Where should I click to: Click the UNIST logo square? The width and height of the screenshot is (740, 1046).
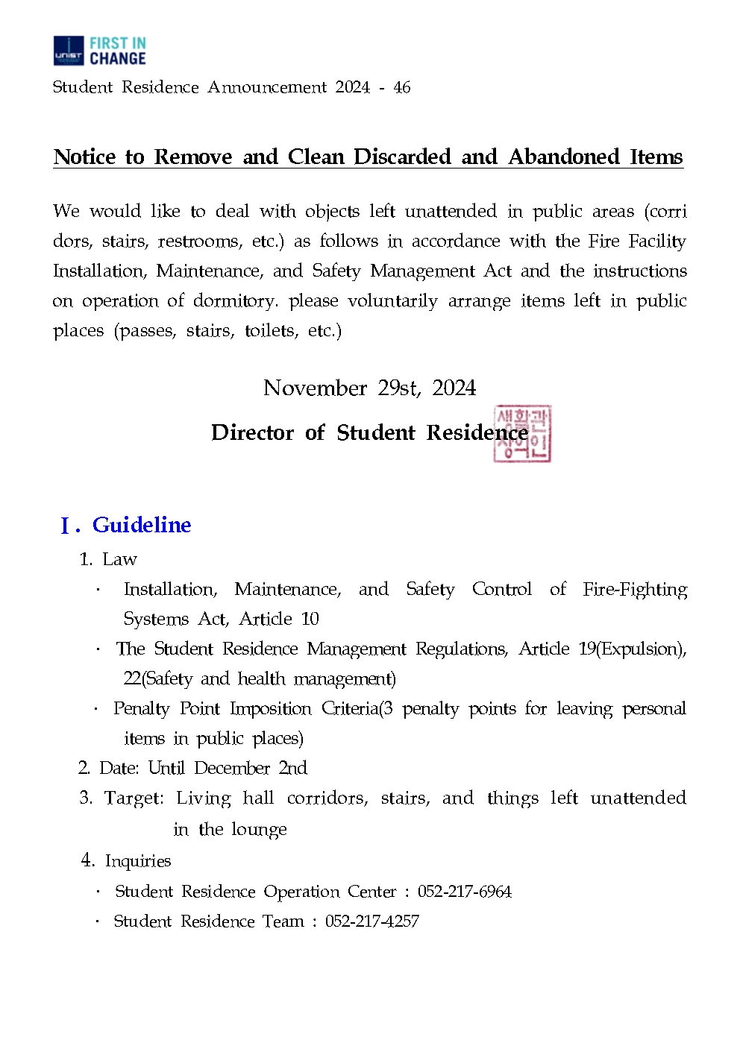69,51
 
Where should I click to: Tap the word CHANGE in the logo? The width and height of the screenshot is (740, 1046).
117,59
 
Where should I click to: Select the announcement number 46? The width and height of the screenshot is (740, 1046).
402,87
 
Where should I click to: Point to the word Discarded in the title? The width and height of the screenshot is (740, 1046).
402,157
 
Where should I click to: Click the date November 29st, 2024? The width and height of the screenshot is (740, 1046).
369,388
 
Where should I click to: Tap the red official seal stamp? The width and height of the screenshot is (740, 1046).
522,434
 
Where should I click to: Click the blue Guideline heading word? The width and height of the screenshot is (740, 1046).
142,525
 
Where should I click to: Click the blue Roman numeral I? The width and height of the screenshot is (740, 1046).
66,526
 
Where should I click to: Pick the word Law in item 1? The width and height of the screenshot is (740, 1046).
119,559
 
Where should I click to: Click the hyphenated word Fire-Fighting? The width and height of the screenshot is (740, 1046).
635,589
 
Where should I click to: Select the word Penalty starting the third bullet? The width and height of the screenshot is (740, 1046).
141,708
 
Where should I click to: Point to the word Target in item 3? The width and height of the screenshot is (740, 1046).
134,798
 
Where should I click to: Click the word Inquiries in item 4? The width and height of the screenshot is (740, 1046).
138,861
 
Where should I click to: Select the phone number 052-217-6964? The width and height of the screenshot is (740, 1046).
464,892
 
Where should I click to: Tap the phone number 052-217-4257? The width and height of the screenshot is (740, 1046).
371,921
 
